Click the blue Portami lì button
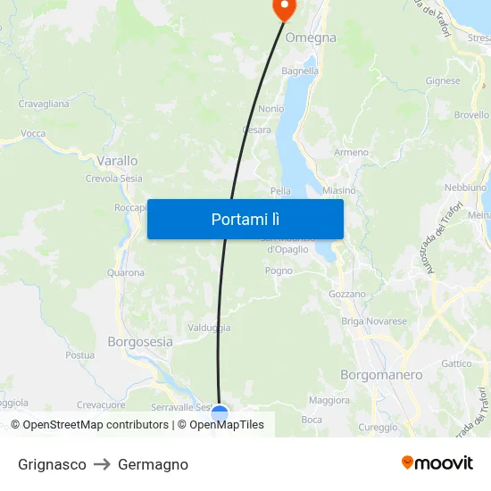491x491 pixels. [245, 219]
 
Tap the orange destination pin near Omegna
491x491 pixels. [283, 9]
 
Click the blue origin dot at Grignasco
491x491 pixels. [220, 414]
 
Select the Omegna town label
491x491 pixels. [311, 37]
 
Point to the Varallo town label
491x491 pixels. [117, 161]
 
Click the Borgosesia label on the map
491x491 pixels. [140, 341]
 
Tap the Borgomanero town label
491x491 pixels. [381, 375]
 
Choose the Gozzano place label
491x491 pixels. [347, 294]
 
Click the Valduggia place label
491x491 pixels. [209, 328]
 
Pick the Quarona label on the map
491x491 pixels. [125, 272]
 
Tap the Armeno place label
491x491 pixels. [351, 153]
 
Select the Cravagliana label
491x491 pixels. [44, 104]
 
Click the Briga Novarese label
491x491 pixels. [374, 321]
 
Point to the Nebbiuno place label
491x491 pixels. [465, 187]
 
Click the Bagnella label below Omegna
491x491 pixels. [300, 71]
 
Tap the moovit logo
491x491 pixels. [437, 463]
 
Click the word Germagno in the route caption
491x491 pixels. [153, 464]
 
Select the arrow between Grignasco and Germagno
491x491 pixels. [102, 464]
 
